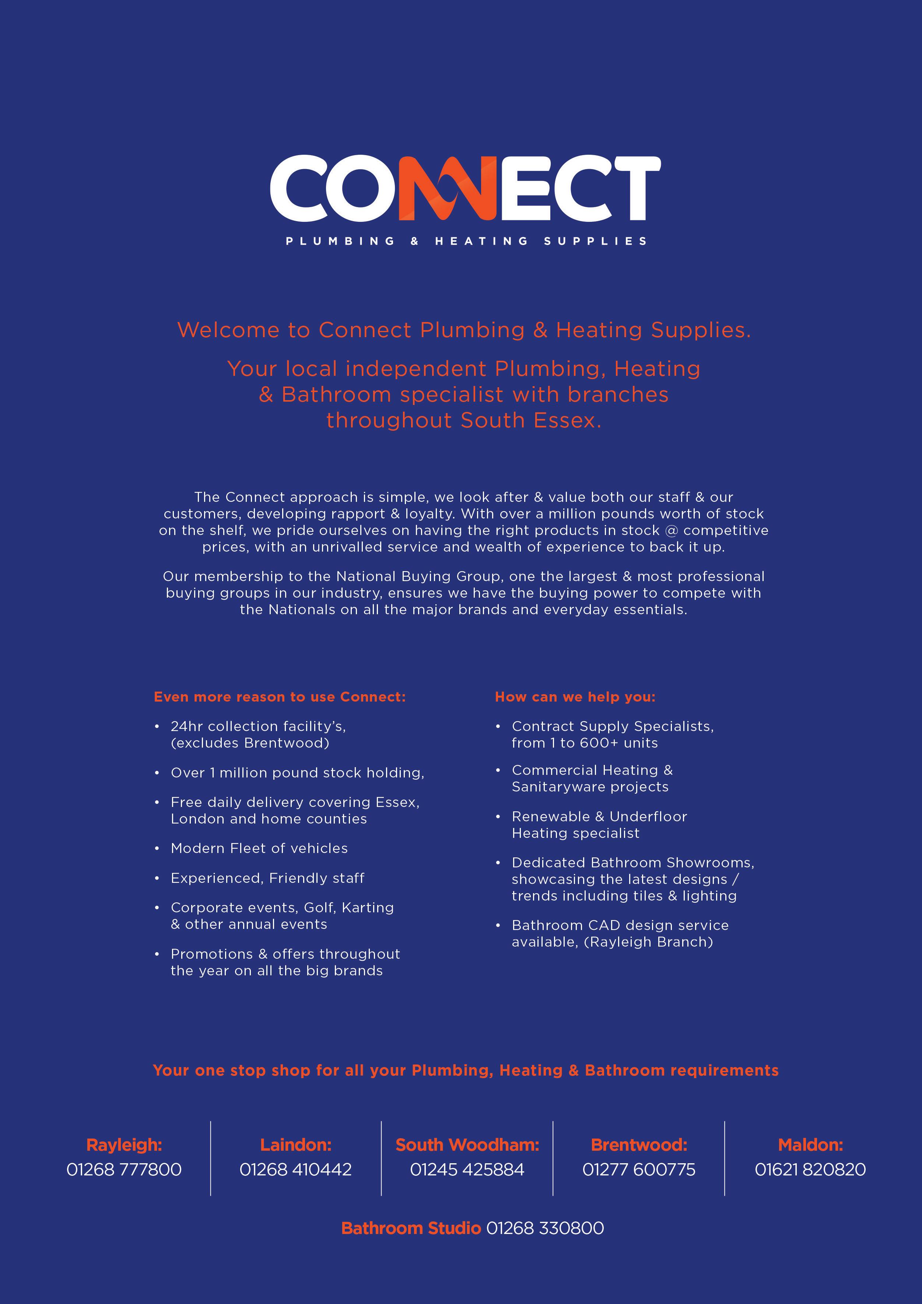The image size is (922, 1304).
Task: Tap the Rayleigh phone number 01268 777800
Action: (124, 1170)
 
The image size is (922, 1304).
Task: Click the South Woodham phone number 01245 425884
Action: (467, 1170)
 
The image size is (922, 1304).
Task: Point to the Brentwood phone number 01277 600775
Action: (639, 1170)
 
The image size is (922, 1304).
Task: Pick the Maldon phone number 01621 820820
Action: (810, 1170)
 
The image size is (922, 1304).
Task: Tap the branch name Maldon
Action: (810, 1144)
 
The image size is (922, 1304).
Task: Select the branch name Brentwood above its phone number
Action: (639, 1144)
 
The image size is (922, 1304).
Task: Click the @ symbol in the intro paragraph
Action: (671, 531)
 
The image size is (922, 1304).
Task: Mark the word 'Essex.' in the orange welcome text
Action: (567, 420)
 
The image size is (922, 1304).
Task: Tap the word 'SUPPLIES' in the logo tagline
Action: (595, 241)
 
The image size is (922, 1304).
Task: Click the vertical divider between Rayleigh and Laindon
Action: (211, 1158)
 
